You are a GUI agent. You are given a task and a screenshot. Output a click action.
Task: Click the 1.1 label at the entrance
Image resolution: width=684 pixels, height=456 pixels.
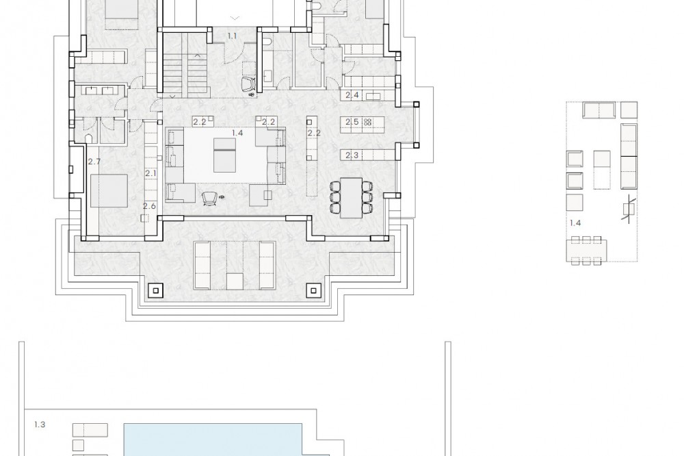click(x=232, y=36)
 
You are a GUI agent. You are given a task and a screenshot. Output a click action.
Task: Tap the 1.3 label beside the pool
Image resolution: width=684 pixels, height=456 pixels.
click(x=40, y=424)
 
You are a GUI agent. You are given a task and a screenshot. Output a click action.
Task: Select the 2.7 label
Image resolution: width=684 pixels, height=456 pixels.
click(x=94, y=162)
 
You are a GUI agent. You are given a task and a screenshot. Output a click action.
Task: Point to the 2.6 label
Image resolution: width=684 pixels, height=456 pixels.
click(x=149, y=205)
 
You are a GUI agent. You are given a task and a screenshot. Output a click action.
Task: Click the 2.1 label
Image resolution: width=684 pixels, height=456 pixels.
click(x=150, y=173)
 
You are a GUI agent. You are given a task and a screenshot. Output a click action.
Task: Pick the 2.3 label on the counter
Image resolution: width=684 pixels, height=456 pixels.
click(x=352, y=155)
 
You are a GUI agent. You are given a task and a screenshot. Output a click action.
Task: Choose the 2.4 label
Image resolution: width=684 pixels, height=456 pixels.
click(x=352, y=94)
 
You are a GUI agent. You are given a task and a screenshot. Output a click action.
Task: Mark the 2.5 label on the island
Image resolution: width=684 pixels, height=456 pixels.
click(x=352, y=122)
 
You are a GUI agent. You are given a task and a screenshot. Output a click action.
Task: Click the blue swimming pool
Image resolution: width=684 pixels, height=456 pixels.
click(x=213, y=440)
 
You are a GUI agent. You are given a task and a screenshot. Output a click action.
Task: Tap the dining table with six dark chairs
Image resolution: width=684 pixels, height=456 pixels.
click(x=351, y=197)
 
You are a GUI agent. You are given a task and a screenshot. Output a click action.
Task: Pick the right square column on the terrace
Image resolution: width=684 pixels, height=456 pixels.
click(x=313, y=289)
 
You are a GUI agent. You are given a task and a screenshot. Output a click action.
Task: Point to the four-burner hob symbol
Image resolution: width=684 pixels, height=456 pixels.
click(x=368, y=122)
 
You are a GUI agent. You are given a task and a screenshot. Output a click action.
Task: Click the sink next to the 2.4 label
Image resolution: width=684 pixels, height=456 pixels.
click(x=373, y=96)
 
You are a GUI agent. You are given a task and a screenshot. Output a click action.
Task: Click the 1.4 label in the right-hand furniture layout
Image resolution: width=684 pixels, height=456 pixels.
click(x=575, y=223)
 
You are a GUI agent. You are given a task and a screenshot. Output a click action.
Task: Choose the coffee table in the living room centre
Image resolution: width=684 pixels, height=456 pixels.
click(x=224, y=155)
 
